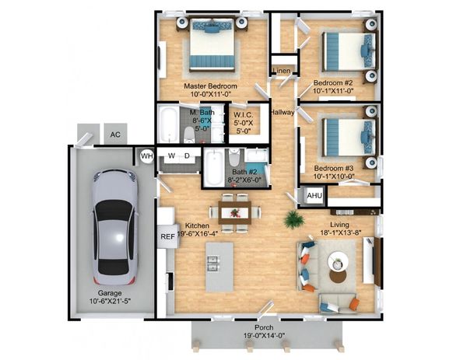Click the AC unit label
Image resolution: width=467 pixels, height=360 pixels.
pos(115,135)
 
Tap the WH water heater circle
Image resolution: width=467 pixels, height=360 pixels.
pos(147,156)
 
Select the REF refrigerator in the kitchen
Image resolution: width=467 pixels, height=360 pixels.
pos(167,236)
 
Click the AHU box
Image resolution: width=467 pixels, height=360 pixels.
pos(314,195)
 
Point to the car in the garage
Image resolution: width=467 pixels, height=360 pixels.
pos(115,227)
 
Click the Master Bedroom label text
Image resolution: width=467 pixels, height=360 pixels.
pos(211,86)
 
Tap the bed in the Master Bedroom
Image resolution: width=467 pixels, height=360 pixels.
pos(212,44)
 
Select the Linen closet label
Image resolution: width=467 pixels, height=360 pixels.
pos(282,71)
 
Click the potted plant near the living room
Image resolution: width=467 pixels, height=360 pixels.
pos(293,220)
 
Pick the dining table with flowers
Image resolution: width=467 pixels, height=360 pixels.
pos(235,212)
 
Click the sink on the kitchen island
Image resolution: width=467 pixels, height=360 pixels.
pos(213,264)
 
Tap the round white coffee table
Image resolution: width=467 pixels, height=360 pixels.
pos(338,262)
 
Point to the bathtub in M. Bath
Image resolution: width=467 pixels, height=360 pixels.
pos(169,124)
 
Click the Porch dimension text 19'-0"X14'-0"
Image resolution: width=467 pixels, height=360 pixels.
pos(264,336)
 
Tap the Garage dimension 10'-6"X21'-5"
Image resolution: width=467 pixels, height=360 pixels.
pos(111,301)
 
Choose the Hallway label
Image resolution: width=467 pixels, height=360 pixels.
pos(283,112)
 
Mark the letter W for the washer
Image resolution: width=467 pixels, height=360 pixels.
pos(171,156)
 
